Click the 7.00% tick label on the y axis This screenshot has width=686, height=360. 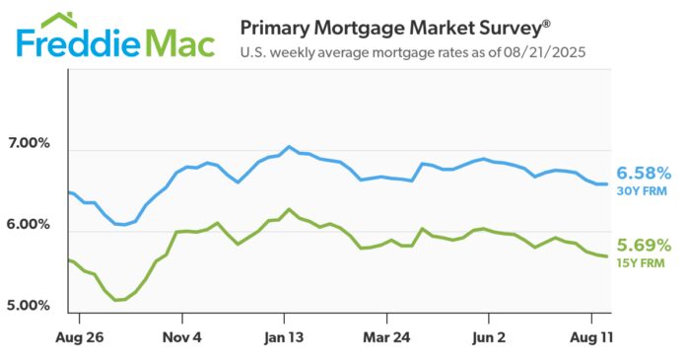pyautogui.click(x=29, y=144)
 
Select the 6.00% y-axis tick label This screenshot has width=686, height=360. pyautogui.click(x=29, y=225)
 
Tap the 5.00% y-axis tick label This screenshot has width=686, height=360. pyautogui.click(x=29, y=305)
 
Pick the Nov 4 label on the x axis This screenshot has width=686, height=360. pyautogui.click(x=182, y=337)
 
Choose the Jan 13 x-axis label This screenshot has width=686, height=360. pyautogui.click(x=285, y=337)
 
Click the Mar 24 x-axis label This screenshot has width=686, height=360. pyautogui.click(x=387, y=337)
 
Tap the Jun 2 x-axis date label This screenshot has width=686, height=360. pyautogui.click(x=489, y=337)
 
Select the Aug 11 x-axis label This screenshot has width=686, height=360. pyautogui.click(x=591, y=337)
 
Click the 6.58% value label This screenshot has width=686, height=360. pyautogui.click(x=643, y=172)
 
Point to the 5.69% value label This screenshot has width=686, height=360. pyautogui.click(x=643, y=245)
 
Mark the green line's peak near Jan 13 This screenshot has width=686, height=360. pyautogui.click(x=288, y=209)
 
